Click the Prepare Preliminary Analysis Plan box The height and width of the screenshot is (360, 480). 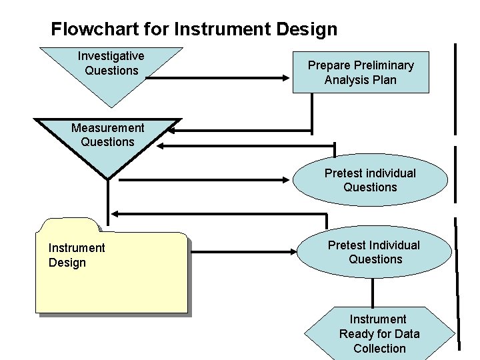361,72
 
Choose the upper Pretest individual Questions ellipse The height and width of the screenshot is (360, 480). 370,181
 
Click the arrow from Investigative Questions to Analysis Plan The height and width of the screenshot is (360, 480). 220,78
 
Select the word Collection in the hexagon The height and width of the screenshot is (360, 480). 379,349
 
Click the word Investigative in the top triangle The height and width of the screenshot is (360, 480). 111,56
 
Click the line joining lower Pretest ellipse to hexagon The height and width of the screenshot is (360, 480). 373,291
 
